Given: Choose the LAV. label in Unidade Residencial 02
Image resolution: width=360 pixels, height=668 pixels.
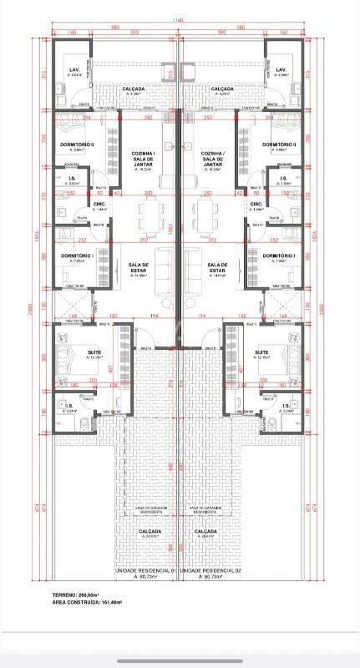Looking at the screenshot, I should (281, 69).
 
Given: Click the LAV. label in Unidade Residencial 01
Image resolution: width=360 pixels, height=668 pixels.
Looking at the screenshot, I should (74, 69).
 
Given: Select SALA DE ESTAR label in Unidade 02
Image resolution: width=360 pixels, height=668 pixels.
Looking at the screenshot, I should (217, 267).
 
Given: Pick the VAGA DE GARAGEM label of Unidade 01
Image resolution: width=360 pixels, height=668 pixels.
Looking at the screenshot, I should (147, 509).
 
